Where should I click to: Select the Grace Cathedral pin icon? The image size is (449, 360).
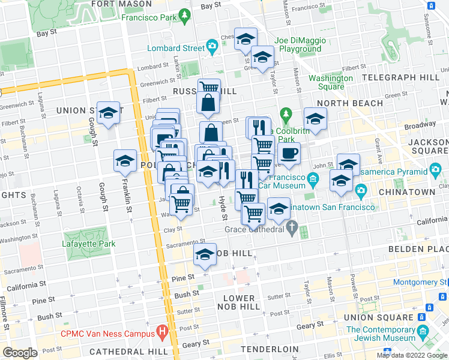click(x=292, y=228)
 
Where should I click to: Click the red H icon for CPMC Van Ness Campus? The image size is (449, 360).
click(x=161, y=332)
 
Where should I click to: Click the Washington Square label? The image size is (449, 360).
click(x=331, y=82)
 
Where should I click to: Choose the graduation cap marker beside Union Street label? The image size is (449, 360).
click(x=108, y=112)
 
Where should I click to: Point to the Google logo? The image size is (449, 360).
click(x=20, y=352)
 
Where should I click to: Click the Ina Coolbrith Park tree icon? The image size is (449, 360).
click(x=286, y=113)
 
